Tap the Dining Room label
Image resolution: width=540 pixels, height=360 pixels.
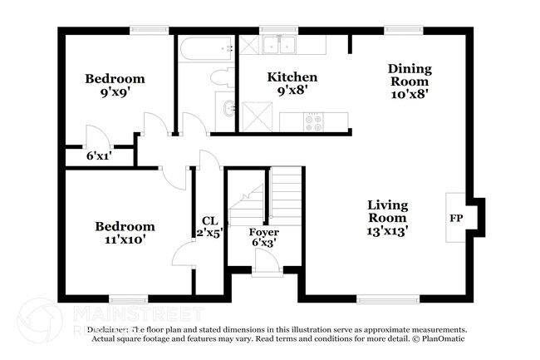[x=408, y=81]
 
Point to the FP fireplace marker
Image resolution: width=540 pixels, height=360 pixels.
[x=456, y=218]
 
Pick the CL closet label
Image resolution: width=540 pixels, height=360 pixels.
[x=209, y=227]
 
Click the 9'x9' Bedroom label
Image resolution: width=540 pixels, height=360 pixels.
[x=115, y=85]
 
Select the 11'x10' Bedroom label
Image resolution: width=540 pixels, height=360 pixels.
[x=125, y=232]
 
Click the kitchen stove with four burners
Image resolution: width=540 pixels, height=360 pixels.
[x=314, y=121]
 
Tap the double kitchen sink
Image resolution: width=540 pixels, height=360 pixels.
[x=279, y=45]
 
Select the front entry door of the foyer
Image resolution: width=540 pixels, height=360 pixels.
[x=267, y=264]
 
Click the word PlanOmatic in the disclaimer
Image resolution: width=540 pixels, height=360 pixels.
[x=441, y=338]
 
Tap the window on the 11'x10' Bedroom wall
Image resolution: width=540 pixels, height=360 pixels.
[x=129, y=298]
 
